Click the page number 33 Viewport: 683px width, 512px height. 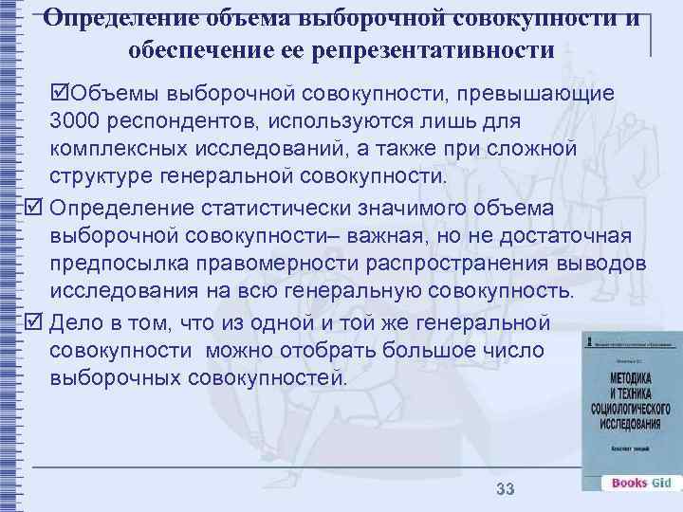(x=505, y=489)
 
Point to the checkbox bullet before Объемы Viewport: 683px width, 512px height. (x=62, y=94)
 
